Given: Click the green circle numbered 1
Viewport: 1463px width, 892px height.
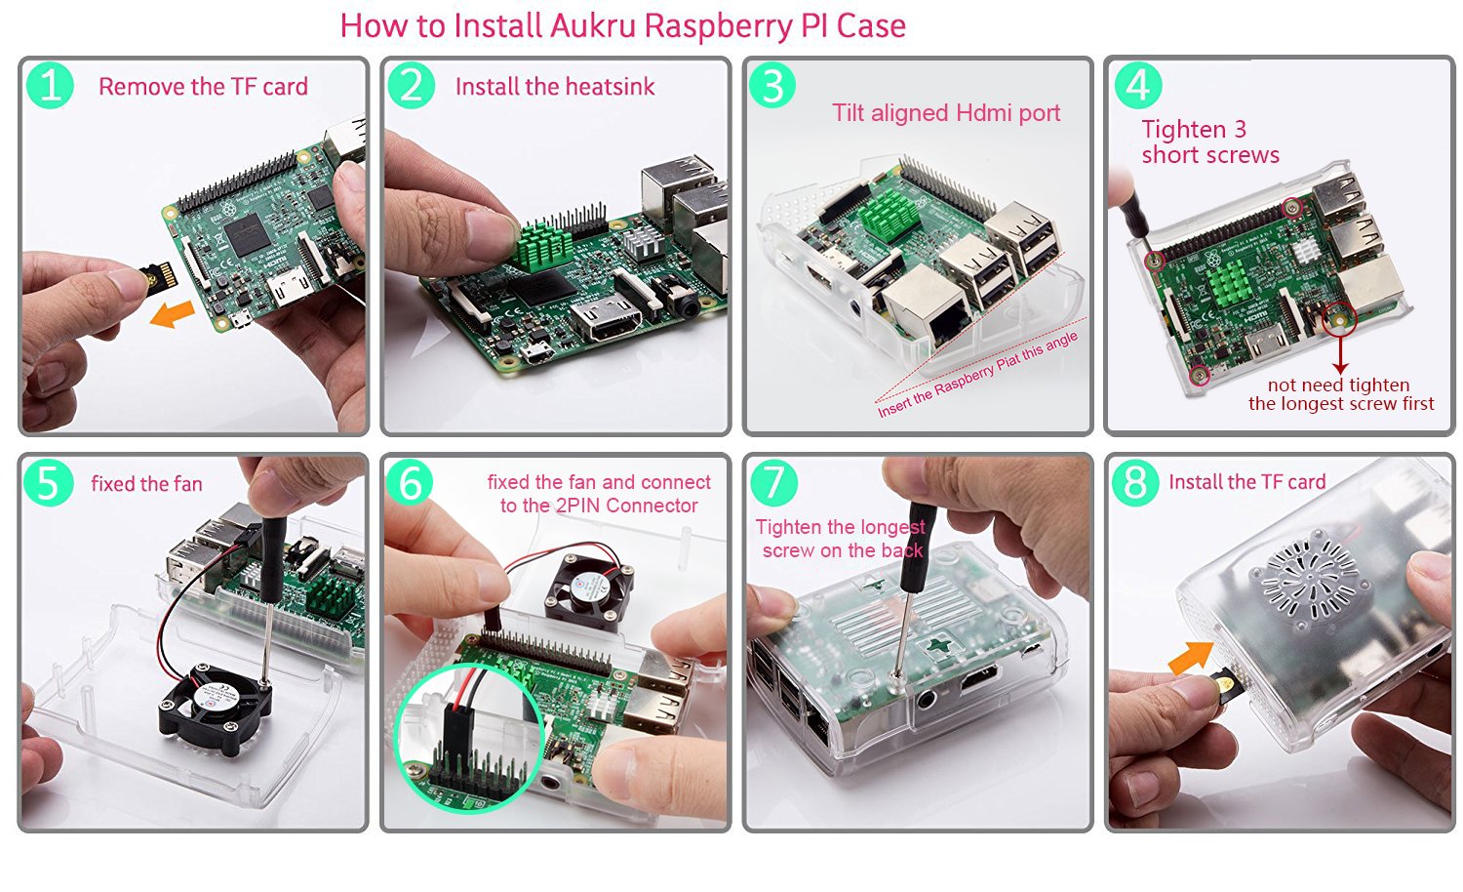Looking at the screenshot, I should click(50, 86).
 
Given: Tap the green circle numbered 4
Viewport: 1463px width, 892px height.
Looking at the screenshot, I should click(1137, 86).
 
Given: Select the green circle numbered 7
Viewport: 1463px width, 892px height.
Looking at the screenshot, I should click(773, 483).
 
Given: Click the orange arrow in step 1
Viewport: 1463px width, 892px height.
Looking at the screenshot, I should click(175, 314).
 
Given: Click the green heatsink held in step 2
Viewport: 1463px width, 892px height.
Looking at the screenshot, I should click(546, 245).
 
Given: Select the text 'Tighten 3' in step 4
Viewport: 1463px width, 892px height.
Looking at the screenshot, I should click(1194, 130).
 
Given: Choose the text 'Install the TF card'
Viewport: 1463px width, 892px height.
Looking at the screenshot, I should click(1246, 482).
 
